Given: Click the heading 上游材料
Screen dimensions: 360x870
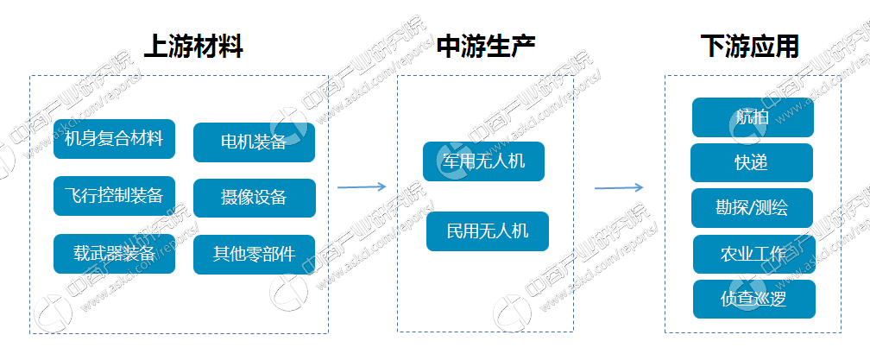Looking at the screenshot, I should pos(192,46).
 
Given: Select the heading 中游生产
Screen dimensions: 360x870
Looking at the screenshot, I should pos(486,46).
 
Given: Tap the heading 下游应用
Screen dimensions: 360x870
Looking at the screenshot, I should pos(749,46).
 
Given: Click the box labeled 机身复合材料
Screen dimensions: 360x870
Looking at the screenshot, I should pos(114,138).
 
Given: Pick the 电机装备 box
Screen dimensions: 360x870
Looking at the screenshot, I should pos(254,142).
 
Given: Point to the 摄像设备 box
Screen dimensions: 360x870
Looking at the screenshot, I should pos(254,198).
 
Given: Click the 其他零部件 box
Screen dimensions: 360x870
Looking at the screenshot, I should pos(254,254).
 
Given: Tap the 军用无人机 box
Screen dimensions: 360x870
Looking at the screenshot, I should pos(483,161).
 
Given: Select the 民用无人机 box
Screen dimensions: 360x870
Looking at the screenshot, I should pos(487,231).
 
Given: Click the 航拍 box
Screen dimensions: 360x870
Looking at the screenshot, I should pos(753,117).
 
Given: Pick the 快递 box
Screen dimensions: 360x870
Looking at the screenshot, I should pos(751,162).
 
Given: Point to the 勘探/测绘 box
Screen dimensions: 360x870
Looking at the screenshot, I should pos(752,208).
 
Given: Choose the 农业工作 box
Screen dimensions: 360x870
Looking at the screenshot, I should pos(753,254).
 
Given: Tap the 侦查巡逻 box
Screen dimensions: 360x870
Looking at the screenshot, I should pos(753,299).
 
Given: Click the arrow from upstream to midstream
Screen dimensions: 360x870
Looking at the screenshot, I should pos(361,186).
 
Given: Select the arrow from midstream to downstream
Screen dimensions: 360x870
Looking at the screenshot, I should pos(619,187).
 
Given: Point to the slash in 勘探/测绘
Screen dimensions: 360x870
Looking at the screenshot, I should pos(752,208).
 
